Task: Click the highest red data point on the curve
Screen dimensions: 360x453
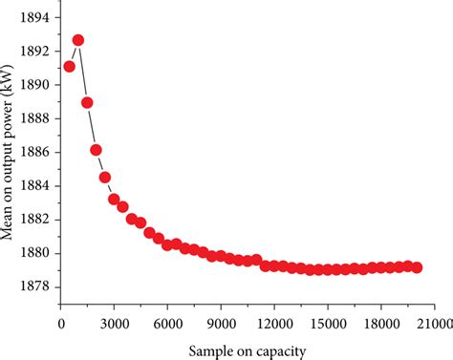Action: [78, 40]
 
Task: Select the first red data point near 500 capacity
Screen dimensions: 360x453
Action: [69, 66]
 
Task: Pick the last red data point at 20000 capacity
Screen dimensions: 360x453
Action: [417, 267]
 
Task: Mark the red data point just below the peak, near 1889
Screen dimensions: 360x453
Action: [87, 102]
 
